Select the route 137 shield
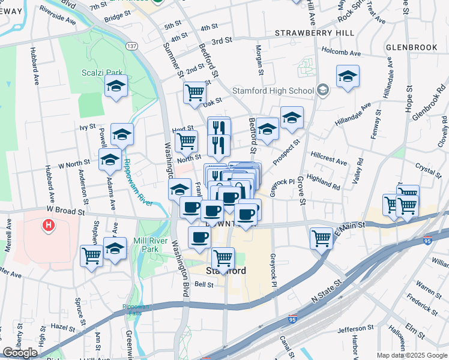click(131, 46)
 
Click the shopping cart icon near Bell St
click(223, 258)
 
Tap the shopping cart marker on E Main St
click(322, 238)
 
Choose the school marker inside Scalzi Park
click(116, 86)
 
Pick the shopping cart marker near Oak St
click(195, 93)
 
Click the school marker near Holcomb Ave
click(348, 76)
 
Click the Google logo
click(20, 353)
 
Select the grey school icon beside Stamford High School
click(324, 91)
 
